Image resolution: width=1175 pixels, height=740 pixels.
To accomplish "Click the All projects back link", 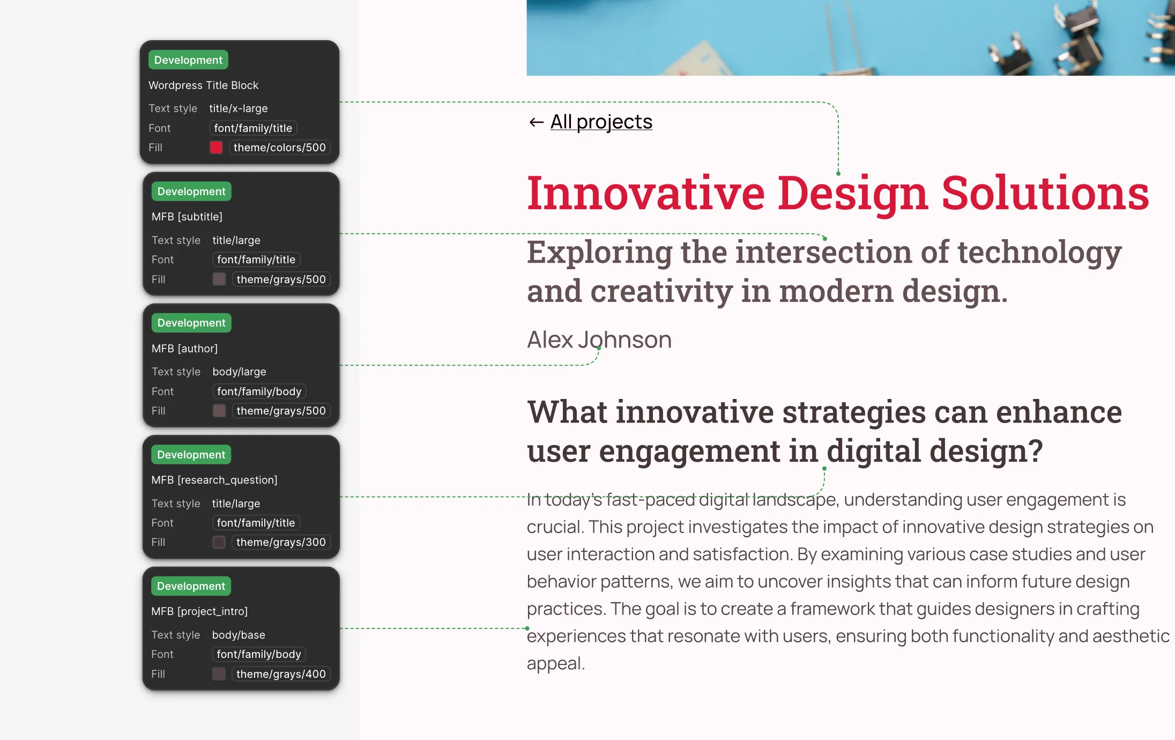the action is (x=601, y=122).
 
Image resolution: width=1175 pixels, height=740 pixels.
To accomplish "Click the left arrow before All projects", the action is (x=536, y=123).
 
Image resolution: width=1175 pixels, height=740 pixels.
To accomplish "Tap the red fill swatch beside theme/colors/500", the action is (x=216, y=147).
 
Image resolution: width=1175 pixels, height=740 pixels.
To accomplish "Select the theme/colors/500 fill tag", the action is (x=279, y=147).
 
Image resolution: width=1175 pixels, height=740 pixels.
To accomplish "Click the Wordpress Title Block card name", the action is (x=203, y=85).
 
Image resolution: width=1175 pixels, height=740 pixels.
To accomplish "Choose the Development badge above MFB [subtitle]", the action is (x=191, y=191).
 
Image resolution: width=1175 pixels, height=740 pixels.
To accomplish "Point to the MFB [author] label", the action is (x=184, y=349).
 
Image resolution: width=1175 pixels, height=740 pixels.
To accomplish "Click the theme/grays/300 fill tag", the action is (x=281, y=542).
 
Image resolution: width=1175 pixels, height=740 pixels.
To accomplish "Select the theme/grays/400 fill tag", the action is (x=281, y=674).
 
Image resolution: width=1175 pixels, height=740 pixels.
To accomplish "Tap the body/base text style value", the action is (x=239, y=635).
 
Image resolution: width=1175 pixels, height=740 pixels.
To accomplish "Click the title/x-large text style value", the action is (x=239, y=108).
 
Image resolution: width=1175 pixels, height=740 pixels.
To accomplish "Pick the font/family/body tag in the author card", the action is (x=259, y=391).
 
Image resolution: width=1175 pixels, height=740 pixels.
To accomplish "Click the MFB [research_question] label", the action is (x=214, y=480).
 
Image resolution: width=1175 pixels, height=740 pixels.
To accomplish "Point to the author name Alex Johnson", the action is (x=599, y=340).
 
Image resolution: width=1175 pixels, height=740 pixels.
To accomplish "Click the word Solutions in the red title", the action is (x=1045, y=193).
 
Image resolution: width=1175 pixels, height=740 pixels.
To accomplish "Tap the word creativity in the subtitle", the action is (x=661, y=292).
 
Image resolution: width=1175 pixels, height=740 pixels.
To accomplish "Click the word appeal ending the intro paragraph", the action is (x=555, y=664).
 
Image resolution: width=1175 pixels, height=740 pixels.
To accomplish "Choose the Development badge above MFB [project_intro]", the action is (x=191, y=586).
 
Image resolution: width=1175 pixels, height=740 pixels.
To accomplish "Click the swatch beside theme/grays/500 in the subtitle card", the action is (x=219, y=279).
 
